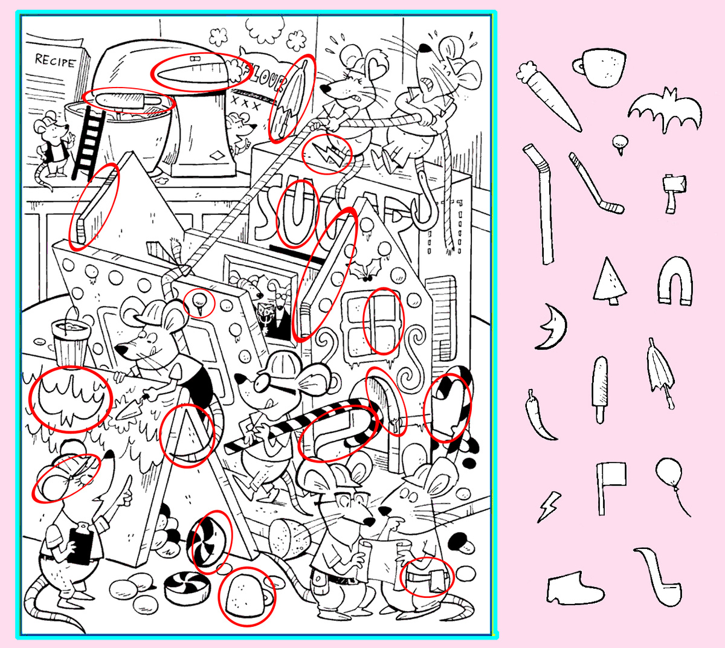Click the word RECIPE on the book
tap(55, 61)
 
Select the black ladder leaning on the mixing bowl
tap(88, 144)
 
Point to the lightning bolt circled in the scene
tap(327, 154)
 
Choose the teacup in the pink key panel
tap(600, 67)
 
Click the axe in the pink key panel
tap(674, 194)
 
